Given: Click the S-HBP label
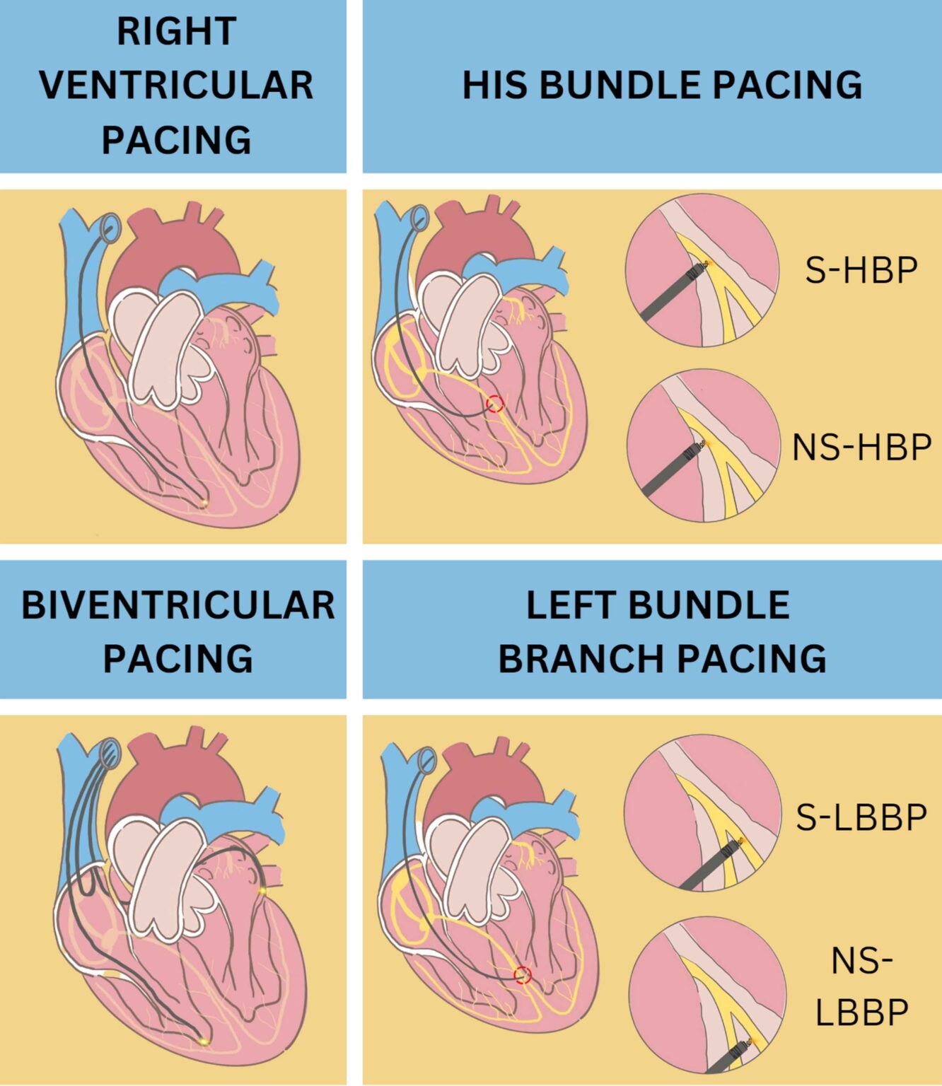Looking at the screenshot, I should (861, 270).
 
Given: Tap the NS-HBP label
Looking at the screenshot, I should (861, 447).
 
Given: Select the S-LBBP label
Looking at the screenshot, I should (861, 817).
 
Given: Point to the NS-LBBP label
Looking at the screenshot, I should (861, 986).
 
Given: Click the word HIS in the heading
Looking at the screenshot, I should (494, 85).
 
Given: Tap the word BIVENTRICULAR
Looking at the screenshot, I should (178, 605).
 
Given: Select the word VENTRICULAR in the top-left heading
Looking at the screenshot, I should (176, 85).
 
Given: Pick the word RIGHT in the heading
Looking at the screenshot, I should (176, 32).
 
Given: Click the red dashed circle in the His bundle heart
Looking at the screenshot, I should (495, 404).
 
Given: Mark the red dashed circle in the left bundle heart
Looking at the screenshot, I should (523, 975).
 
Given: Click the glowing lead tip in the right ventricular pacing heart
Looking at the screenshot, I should (204, 503).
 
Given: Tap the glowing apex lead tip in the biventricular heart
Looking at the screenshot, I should (204, 1041).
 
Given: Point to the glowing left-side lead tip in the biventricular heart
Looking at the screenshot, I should (262, 890).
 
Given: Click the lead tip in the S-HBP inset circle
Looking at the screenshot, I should (702, 266).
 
